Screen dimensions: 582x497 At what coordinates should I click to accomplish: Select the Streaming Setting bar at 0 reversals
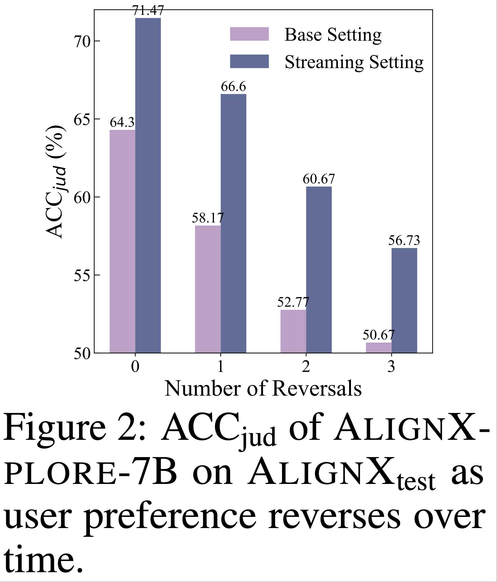click(148, 185)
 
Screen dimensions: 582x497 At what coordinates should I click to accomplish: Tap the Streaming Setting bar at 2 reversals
click(319, 270)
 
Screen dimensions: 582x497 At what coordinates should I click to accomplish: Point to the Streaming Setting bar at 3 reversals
click(404, 300)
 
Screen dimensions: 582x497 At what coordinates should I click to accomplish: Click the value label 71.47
click(148, 11)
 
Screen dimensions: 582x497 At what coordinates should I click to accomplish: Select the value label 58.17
click(208, 218)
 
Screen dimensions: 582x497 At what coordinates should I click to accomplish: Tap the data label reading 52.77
click(293, 302)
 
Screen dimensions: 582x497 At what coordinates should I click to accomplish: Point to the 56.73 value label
click(404, 241)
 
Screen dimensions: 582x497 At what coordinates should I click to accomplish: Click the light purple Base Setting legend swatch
click(249, 34)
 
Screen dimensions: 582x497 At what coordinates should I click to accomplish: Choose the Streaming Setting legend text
click(354, 62)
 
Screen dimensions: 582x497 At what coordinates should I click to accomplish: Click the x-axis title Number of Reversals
click(263, 389)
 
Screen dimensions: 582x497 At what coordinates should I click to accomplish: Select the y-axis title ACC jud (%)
click(55, 182)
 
